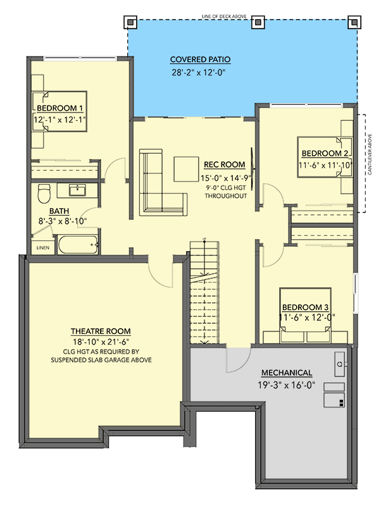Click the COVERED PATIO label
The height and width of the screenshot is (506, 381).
(200, 59)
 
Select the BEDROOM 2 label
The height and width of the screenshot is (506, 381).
(325, 153)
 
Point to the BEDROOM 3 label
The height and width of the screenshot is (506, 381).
(306, 305)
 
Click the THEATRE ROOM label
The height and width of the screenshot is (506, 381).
(101, 331)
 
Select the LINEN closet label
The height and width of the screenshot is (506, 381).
(42, 247)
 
